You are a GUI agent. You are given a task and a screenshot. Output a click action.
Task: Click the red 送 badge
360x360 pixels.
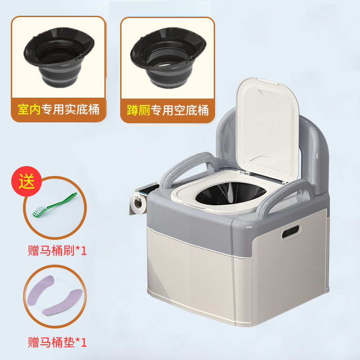point(27,181)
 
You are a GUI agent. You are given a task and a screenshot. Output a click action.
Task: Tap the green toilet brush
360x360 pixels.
point(55,205)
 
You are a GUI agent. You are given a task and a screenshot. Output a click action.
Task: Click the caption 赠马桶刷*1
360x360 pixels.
point(57,251)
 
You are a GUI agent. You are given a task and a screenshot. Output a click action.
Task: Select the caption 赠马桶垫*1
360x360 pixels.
point(57,342)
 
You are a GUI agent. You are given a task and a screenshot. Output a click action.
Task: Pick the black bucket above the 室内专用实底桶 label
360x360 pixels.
point(59,57)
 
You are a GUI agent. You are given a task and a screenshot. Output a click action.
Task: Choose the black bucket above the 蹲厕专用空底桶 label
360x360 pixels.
point(168,58)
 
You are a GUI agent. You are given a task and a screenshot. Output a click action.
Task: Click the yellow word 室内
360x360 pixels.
point(29,109)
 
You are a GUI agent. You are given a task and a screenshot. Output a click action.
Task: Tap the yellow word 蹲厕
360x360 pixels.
point(139,110)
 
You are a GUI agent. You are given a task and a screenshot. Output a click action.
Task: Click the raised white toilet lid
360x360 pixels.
point(268,129)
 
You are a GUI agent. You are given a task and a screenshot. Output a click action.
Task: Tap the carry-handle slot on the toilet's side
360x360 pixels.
point(291,232)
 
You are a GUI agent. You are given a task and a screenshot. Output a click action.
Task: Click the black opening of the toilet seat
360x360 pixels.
point(230,193)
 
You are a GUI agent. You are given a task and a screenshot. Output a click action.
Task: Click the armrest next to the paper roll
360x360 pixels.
point(187,166)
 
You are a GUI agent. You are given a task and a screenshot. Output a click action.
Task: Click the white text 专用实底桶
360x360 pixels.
point(71,109)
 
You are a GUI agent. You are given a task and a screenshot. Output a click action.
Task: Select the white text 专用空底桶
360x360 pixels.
point(180,110)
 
